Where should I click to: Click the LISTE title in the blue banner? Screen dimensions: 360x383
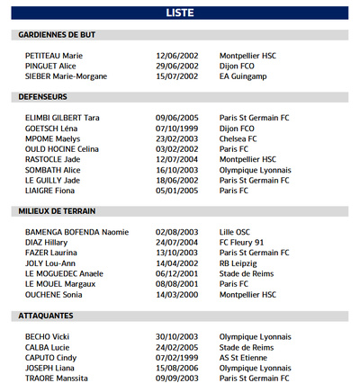pyautogui.click(x=180, y=13)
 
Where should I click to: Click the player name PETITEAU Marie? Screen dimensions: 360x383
pyautogui.click(x=54, y=56)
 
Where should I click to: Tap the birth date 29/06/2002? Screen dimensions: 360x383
pyautogui.click(x=176, y=67)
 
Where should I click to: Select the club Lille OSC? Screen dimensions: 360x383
pyautogui.click(x=238, y=232)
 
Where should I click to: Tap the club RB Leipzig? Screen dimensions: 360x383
pyautogui.click(x=239, y=263)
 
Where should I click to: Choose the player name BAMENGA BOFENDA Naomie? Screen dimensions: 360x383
pyautogui.click(x=76, y=232)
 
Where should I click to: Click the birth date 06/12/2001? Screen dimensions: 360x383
pyautogui.click(x=176, y=273)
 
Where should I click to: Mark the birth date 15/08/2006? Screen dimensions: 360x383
pyautogui.click(x=176, y=368)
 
